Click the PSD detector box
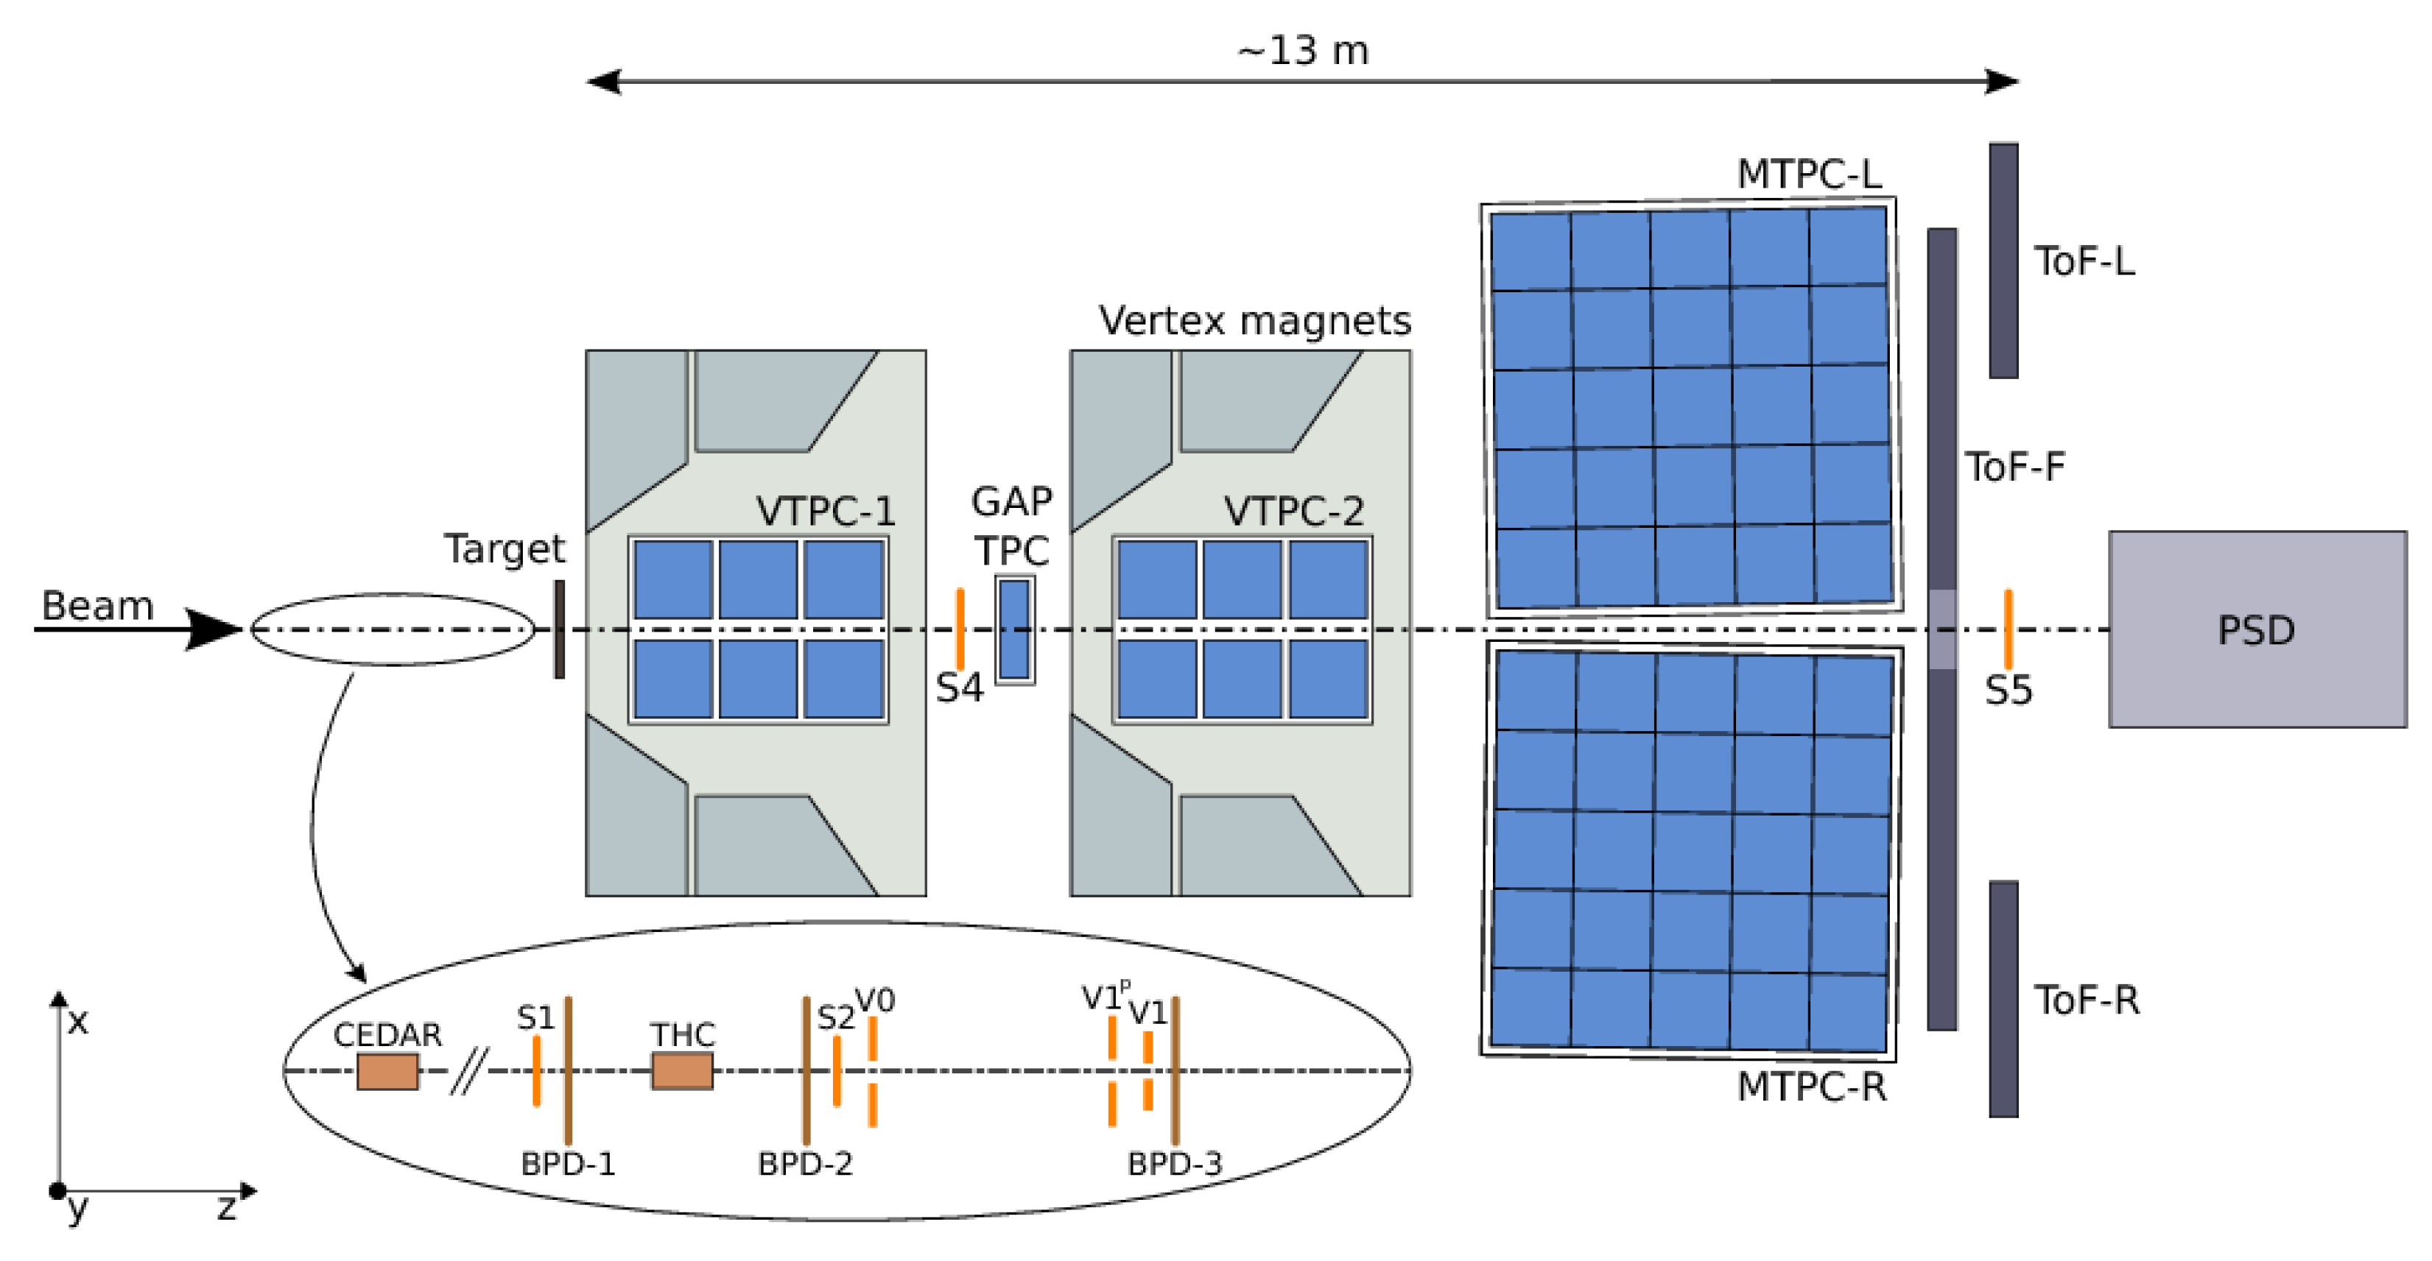click(x=2257, y=629)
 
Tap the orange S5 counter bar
click(x=2007, y=629)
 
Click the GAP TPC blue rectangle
click(x=1014, y=629)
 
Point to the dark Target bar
click(x=559, y=629)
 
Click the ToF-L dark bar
click(x=2003, y=261)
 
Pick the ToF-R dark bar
click(x=2003, y=999)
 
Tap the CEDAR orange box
click(x=387, y=1071)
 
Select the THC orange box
click(x=681, y=1071)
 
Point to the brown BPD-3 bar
click(x=1175, y=1070)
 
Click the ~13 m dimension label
click(x=1303, y=50)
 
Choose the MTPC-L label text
click(x=1809, y=174)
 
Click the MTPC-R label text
click(x=1811, y=1087)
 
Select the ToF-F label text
click(x=2014, y=466)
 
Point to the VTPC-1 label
click(x=825, y=511)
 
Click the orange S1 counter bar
click(x=536, y=1070)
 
